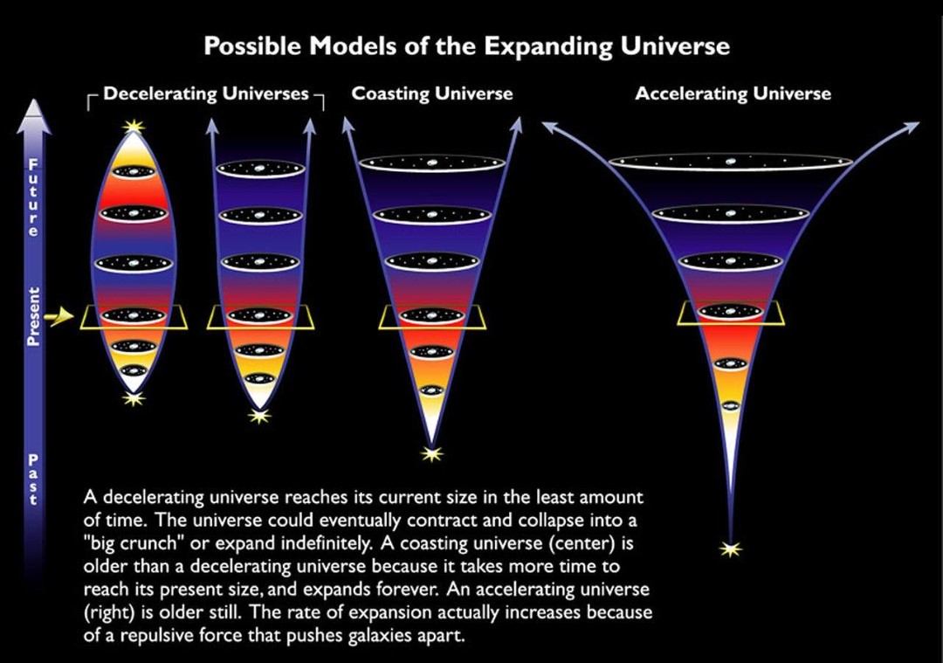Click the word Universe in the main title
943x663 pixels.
[675, 46]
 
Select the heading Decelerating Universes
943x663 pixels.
[206, 93]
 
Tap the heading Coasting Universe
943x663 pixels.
[432, 93]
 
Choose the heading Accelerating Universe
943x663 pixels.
[733, 93]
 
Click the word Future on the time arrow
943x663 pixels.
[34, 197]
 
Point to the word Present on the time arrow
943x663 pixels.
[34, 316]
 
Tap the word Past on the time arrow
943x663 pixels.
[34, 479]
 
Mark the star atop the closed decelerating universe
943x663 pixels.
[134, 126]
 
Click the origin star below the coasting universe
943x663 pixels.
[430, 453]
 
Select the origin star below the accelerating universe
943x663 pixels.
[731, 549]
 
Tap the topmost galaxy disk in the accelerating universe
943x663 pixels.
[731, 162]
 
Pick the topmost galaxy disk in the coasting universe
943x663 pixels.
[432, 163]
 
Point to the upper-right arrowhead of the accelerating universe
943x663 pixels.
[912, 127]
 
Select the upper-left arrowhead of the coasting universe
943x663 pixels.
[347, 124]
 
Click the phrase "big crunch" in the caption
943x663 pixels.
[134, 543]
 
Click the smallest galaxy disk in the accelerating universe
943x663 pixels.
[731, 405]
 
